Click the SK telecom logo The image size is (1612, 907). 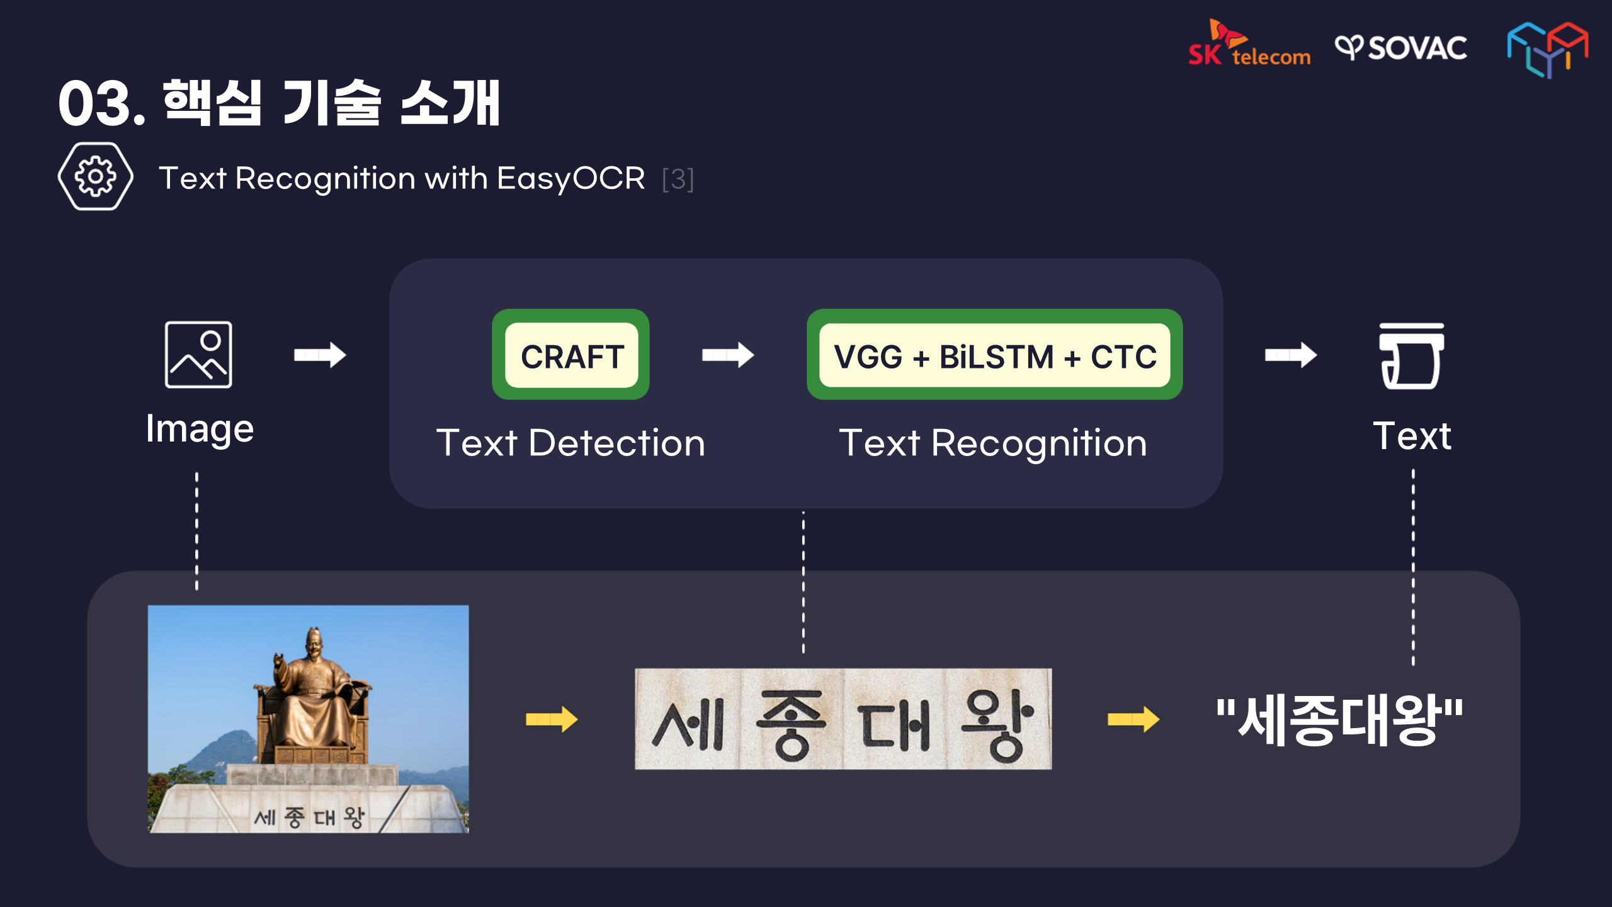click(1249, 43)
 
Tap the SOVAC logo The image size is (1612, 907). click(1401, 48)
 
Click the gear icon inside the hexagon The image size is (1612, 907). click(95, 176)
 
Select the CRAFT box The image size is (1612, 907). click(571, 355)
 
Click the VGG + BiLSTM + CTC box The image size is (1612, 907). click(995, 355)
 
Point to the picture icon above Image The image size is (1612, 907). click(198, 355)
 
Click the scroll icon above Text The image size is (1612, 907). click(1412, 356)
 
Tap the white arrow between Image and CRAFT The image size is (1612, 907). click(320, 355)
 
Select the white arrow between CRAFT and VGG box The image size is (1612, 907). click(728, 355)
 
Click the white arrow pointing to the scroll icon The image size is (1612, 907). click(1291, 355)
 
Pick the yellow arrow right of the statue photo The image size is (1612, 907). click(552, 719)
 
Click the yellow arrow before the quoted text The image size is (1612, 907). click(1133, 719)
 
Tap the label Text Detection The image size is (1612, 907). click(571, 443)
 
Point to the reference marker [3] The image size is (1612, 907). click(678, 180)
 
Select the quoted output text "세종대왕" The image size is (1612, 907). click(1340, 719)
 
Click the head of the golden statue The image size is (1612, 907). click(314, 642)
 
